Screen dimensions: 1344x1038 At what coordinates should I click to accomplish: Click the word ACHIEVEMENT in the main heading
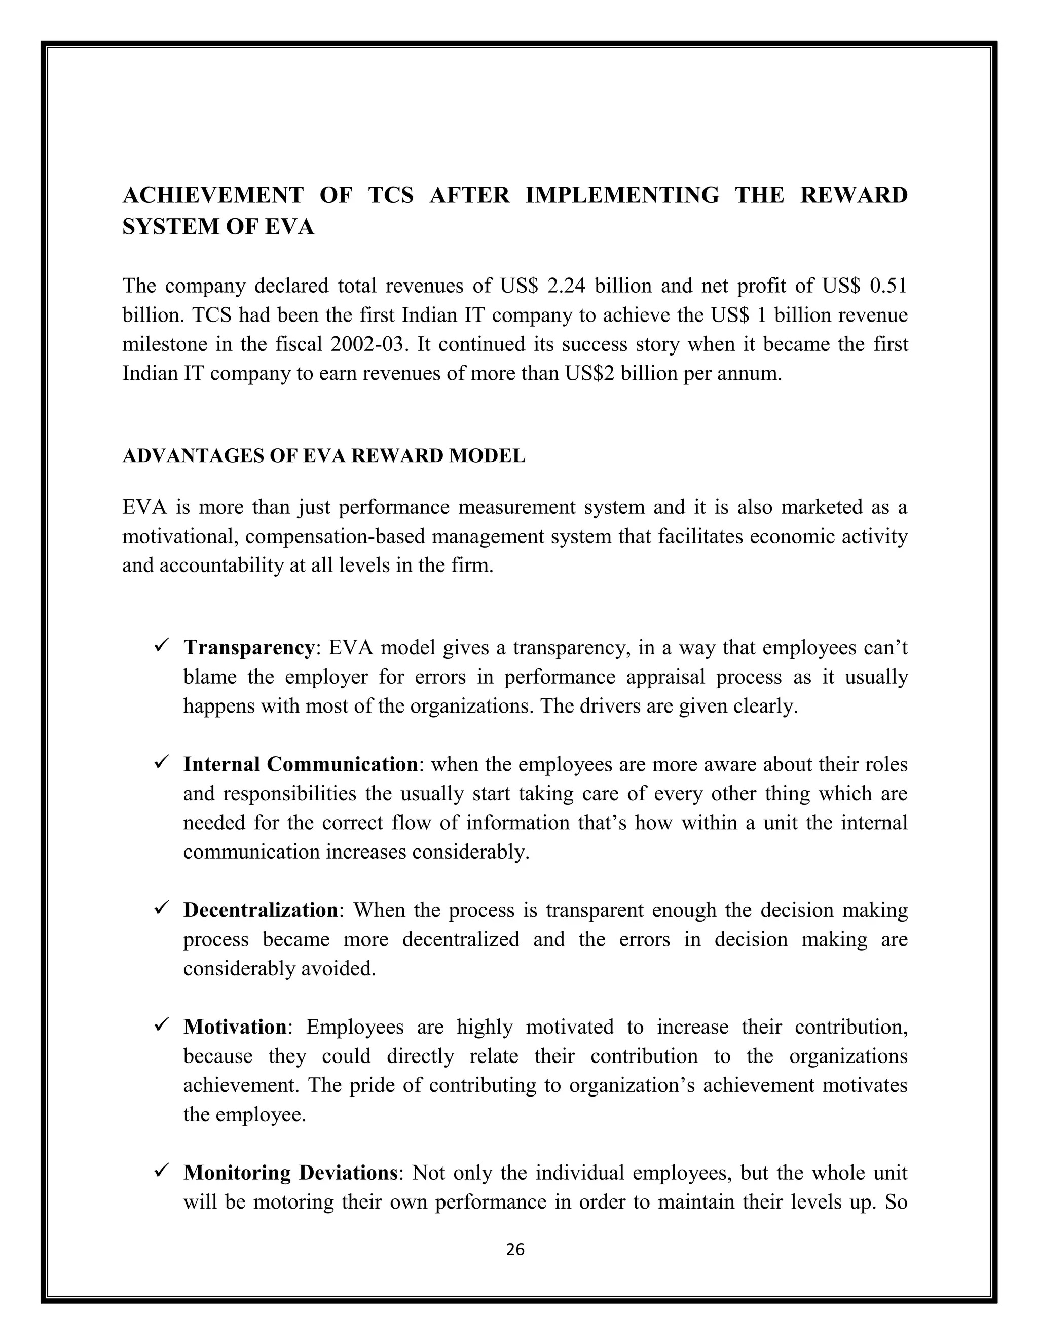[213, 195]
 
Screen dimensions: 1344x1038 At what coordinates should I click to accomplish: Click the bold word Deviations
[348, 1173]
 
